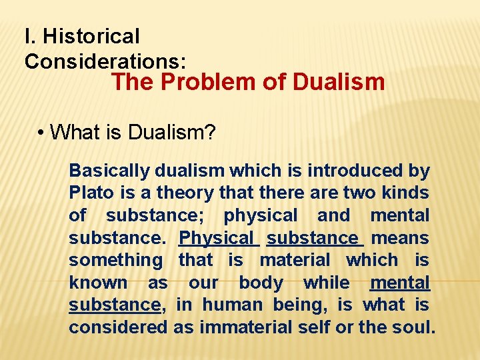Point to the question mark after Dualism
coord(211,132)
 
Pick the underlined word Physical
coord(217,238)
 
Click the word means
coord(400,238)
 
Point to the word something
coord(115,261)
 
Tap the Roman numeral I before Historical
coord(27,36)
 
